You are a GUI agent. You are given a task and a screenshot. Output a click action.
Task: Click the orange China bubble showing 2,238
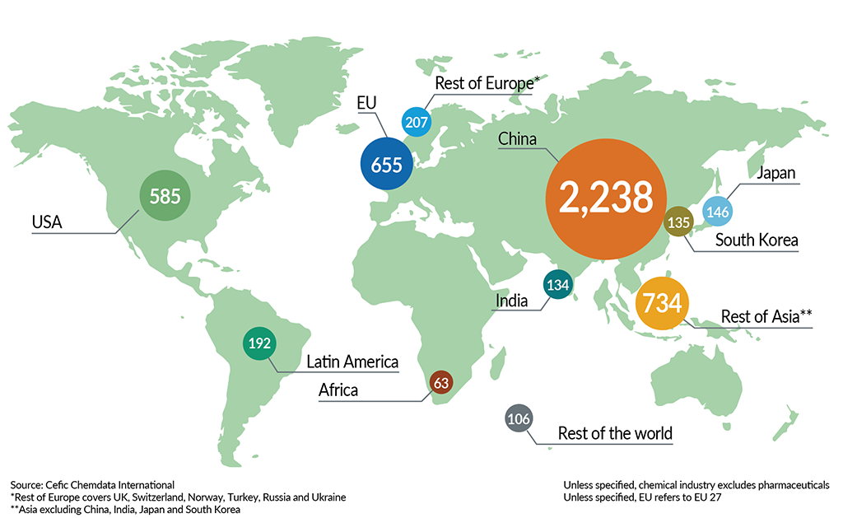(604, 197)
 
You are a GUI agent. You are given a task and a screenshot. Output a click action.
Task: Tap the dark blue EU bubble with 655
(386, 165)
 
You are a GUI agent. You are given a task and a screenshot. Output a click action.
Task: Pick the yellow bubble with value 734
(663, 303)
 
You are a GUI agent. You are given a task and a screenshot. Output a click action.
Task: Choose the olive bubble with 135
(679, 222)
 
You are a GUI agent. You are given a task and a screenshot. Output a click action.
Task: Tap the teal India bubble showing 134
(558, 285)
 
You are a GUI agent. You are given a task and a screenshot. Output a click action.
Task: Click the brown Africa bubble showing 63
(441, 381)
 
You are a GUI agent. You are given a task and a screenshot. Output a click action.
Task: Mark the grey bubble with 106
(519, 419)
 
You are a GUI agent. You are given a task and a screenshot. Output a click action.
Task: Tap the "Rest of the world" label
(615, 433)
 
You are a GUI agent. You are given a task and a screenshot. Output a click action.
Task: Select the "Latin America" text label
(352, 362)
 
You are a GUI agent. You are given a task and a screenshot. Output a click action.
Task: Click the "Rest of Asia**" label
(766, 316)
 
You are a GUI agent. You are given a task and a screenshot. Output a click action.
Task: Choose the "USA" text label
(48, 222)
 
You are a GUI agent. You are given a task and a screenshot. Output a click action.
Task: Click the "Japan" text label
(775, 174)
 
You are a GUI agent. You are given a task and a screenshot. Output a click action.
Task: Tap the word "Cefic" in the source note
(58, 484)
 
